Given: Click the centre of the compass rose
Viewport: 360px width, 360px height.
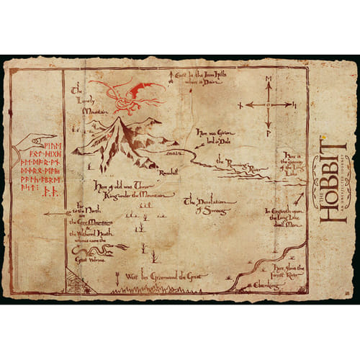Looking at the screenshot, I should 268,104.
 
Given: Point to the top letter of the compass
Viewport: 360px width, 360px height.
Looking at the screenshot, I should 268,77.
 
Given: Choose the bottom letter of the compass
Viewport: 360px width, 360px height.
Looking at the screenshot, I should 268,133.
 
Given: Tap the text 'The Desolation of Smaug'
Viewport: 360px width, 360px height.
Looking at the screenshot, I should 209,204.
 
